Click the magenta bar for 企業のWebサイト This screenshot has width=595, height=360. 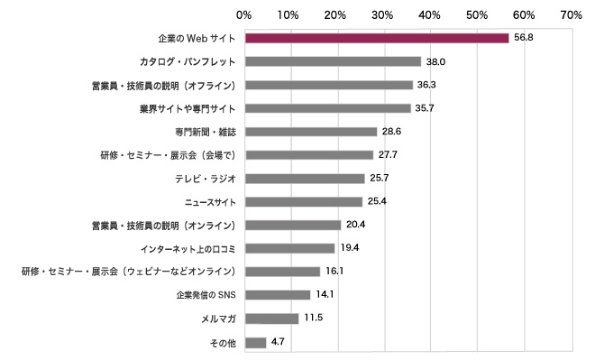pos(377,38)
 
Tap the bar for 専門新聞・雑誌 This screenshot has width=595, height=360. pos(311,132)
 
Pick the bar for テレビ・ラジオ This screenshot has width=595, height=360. pos(305,179)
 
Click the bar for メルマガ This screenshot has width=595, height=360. pos(271,318)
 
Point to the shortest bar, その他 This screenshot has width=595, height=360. pos(255,342)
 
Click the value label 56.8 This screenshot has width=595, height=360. pos(525,38)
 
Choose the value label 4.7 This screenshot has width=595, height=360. pos(279,342)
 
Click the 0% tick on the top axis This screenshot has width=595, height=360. pos(243,14)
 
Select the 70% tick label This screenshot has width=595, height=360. pos(570,14)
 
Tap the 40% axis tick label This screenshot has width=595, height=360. pos(430,14)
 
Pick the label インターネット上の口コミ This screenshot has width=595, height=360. pos(188,248)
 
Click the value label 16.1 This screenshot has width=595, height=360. pos(335,272)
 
